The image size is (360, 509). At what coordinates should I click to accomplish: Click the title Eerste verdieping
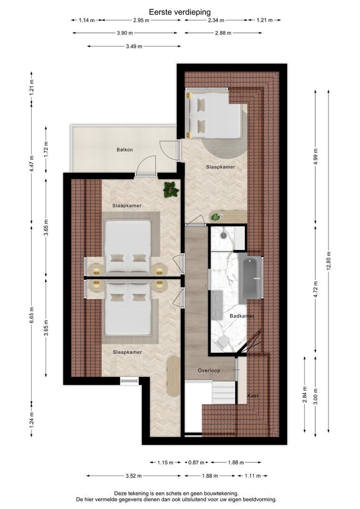180,12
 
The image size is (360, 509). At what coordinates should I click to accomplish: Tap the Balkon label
125,150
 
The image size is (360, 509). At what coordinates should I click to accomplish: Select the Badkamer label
242,316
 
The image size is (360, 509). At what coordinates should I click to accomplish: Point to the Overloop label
209,370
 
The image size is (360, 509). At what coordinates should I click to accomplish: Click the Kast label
253,395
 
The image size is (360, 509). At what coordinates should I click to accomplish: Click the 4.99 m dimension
316,156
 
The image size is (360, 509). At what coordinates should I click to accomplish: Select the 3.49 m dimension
134,46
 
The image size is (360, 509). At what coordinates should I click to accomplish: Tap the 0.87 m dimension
196,462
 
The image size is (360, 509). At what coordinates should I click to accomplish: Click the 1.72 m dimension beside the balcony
46,150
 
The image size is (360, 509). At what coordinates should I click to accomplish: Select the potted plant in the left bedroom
171,189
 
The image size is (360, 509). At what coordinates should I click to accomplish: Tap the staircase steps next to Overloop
223,393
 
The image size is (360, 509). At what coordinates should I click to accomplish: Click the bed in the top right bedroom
213,115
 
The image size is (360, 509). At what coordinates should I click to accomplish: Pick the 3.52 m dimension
133,476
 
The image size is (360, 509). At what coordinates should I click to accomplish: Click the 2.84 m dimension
304,394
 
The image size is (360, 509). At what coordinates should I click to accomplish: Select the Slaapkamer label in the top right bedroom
221,167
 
